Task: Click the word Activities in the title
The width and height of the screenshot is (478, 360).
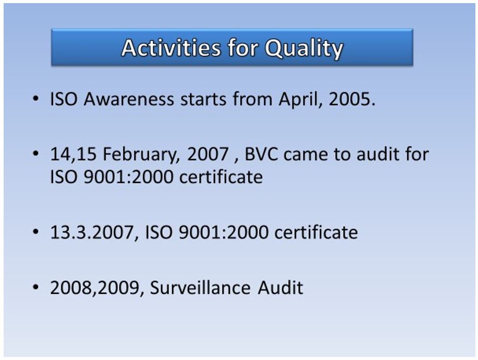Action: coord(171,48)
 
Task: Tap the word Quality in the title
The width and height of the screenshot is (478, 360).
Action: coord(304,49)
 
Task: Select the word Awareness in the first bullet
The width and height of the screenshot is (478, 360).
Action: coord(129,99)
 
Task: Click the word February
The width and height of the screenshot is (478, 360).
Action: coord(141,154)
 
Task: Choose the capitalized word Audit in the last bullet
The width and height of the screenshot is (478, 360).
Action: coord(281,287)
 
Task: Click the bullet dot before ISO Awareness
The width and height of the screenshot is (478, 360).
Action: coord(36,99)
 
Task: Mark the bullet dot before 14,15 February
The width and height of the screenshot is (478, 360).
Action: coord(36,153)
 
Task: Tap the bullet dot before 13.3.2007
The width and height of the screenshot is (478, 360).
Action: coord(36,232)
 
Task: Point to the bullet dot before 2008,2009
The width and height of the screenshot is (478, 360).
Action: coord(36,287)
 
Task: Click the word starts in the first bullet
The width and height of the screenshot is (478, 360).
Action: coord(203,100)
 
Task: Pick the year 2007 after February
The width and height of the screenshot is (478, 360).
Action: coord(208,154)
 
